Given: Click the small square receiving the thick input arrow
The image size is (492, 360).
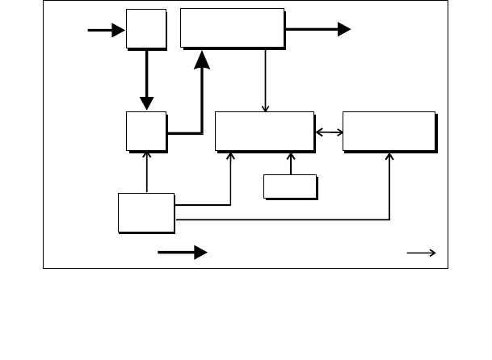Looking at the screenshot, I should coord(145,29).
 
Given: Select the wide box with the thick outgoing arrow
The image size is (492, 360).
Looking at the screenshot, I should coord(232,28).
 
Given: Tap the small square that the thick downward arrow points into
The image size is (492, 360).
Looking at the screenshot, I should coord(145,130).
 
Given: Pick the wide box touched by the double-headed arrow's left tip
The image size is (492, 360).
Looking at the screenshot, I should coord(263,130).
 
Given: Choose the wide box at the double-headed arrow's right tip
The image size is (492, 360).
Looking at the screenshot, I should coord(389,131).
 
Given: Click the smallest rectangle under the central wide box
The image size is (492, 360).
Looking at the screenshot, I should coord(289,186).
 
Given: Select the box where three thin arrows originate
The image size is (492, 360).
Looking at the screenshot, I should coord(146,212).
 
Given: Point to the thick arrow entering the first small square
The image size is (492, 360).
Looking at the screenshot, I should coord(106,30).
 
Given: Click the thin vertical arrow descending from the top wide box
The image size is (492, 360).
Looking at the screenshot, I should coord(266,80).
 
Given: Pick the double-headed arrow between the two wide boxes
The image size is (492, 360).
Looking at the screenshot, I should coord(328,132).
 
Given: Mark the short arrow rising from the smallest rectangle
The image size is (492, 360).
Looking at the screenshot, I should coord(290,162).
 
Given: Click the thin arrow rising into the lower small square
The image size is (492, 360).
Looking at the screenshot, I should coord(146,171).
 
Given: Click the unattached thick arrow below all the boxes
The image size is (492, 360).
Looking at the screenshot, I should coord(183,253).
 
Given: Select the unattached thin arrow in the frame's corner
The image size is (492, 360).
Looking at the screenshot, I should coord(422,253).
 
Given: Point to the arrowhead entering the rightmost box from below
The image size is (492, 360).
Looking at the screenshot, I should coord(389,158).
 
